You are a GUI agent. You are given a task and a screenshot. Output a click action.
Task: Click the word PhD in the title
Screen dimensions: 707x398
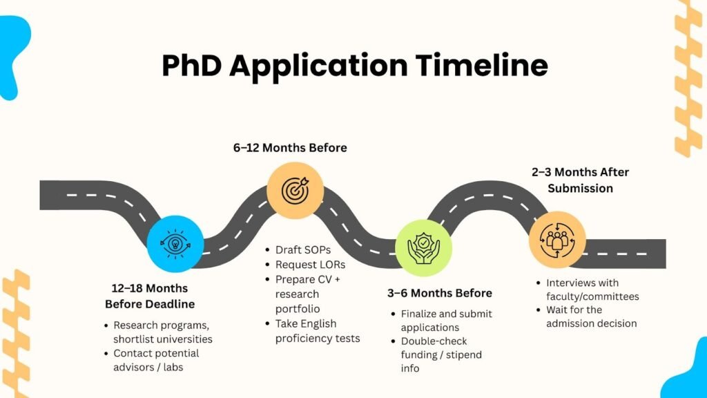pyautogui.click(x=192, y=66)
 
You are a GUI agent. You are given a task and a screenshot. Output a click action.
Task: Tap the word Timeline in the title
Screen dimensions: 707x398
pyautogui.click(x=481, y=66)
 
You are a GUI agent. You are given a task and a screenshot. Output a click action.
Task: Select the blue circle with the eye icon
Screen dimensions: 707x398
pyautogui.click(x=175, y=244)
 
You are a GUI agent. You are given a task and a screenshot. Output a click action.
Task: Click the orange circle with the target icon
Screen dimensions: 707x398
pyautogui.click(x=296, y=191)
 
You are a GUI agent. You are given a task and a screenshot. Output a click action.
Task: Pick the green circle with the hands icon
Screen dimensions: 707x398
pyautogui.click(x=423, y=248)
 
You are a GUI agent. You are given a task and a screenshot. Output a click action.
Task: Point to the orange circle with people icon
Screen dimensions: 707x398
pyautogui.click(x=557, y=240)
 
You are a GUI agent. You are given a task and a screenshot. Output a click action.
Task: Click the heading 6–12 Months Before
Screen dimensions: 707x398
pyautogui.click(x=290, y=148)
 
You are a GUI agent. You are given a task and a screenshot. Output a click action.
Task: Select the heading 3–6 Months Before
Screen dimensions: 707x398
pyautogui.click(x=440, y=293)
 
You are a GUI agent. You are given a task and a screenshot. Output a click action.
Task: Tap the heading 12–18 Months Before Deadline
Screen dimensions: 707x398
pyautogui.click(x=150, y=296)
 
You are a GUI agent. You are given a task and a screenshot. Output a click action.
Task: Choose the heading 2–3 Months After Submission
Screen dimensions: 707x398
pyautogui.click(x=580, y=180)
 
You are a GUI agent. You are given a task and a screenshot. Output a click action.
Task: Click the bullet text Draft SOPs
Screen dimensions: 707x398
pyautogui.click(x=303, y=250)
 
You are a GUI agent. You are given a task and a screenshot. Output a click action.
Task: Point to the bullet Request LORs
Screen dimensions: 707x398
pyautogui.click(x=310, y=265)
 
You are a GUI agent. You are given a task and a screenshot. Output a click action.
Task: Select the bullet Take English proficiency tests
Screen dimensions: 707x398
pyautogui.click(x=318, y=331)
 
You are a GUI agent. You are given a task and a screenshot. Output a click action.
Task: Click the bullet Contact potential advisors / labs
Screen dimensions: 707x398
pyautogui.click(x=156, y=360)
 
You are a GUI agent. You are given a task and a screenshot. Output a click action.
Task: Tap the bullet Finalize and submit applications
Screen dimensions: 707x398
pyautogui.click(x=447, y=321)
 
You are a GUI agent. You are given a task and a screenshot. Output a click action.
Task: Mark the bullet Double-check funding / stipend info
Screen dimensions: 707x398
pyautogui.click(x=441, y=354)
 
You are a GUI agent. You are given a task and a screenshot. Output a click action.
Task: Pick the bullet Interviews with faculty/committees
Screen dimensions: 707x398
pyautogui.click(x=592, y=290)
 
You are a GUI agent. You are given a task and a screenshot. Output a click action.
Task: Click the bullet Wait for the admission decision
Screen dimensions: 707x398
pyautogui.click(x=592, y=316)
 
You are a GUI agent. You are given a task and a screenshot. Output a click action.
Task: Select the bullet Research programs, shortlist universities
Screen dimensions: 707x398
pyautogui.click(x=163, y=332)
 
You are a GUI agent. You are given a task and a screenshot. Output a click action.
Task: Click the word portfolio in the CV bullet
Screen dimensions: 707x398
pyautogui.click(x=298, y=309)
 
